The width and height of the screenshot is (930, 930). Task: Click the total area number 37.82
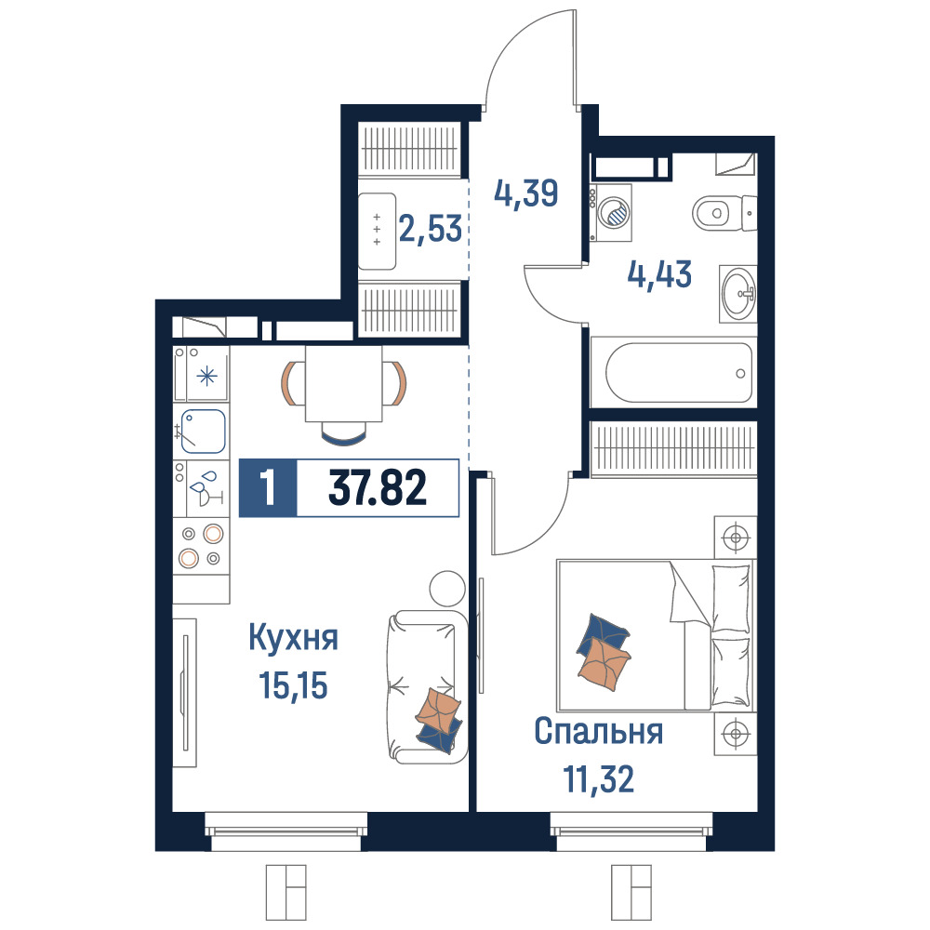pyautogui.click(x=378, y=488)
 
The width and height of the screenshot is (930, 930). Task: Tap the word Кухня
pyautogui.click(x=293, y=638)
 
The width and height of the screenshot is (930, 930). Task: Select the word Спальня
pyautogui.click(x=598, y=732)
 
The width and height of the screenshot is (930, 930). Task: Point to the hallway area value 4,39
pyautogui.click(x=526, y=193)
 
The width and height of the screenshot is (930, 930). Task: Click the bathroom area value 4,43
pyautogui.click(x=659, y=274)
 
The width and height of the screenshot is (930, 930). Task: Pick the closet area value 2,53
pyautogui.click(x=430, y=229)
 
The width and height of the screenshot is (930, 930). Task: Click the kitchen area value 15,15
pyautogui.click(x=293, y=685)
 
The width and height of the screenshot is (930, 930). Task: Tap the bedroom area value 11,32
pyautogui.click(x=598, y=778)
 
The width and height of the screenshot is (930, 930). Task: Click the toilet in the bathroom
pyautogui.click(x=724, y=213)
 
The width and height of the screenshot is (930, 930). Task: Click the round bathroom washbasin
pyautogui.click(x=738, y=293)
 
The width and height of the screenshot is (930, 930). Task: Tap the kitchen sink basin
pyautogui.click(x=204, y=432)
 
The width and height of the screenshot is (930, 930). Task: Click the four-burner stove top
pyautogui.click(x=201, y=546)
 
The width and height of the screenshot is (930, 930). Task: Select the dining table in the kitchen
pyautogui.click(x=343, y=383)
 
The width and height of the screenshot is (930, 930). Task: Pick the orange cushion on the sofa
pyautogui.click(x=438, y=708)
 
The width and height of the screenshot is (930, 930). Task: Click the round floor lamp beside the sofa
pyautogui.click(x=447, y=589)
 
